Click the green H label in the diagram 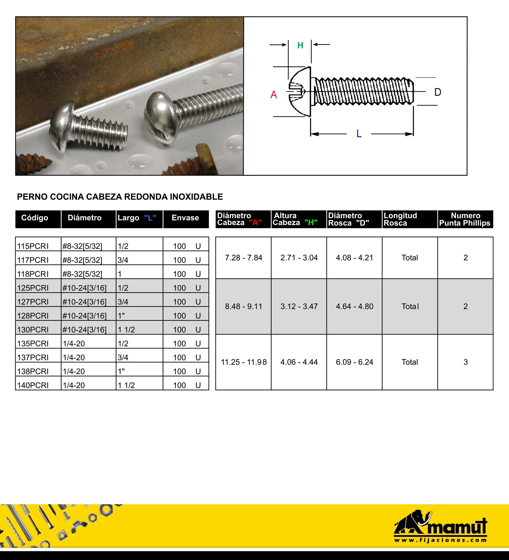tap(300, 45)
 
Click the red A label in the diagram tap(274, 95)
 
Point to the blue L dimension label tap(359, 134)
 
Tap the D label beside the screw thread tap(438, 92)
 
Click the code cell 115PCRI tap(33, 246)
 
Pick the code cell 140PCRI tap(33, 385)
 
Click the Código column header tap(35, 218)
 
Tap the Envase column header tap(185, 218)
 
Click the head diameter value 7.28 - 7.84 tap(244, 258)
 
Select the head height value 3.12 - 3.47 tap(299, 306)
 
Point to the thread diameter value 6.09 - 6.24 tap(354, 362)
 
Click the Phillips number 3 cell tap(465, 362)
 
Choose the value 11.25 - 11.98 tap(244, 362)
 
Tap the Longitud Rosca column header tap(400, 219)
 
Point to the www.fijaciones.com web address tap(440, 541)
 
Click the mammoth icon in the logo tap(412, 522)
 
